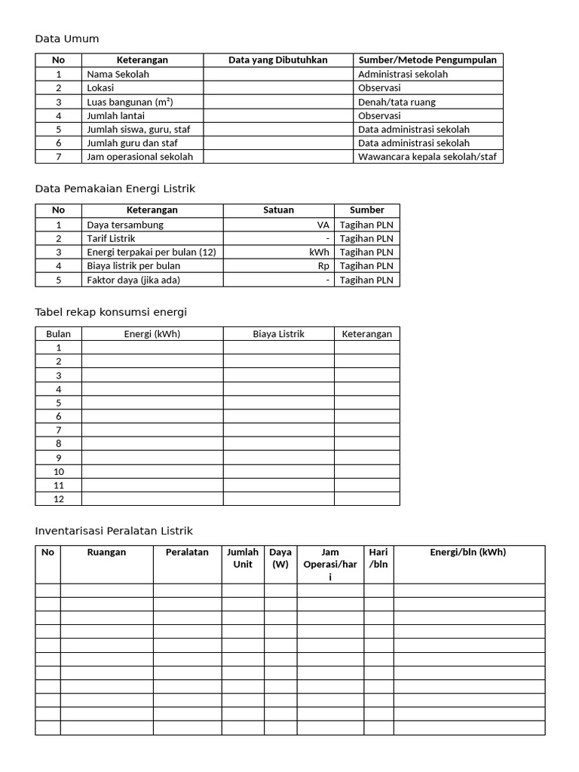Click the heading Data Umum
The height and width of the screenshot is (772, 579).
(67, 39)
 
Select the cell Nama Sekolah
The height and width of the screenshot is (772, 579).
(118, 75)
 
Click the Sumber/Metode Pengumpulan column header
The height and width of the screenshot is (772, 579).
(427, 60)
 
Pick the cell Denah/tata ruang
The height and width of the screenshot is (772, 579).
(397, 102)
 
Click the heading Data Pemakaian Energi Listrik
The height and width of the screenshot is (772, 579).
(115, 188)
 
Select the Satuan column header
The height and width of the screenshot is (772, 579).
(278, 210)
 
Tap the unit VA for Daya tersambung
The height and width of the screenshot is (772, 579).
(323, 225)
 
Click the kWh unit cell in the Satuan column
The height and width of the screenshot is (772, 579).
(319, 252)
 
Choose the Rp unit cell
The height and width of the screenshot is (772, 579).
(323, 265)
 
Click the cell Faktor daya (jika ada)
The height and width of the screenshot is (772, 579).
(133, 280)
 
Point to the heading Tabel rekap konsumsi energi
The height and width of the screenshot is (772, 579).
(111, 312)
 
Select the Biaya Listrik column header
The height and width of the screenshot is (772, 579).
(278, 334)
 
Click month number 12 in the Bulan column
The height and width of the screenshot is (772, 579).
(58, 498)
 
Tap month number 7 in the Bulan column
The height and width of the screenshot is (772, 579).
(58, 430)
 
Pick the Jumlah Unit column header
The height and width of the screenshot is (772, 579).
(242, 558)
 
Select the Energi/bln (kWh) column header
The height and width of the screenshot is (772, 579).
(468, 553)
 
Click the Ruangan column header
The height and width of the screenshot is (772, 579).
(106, 553)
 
